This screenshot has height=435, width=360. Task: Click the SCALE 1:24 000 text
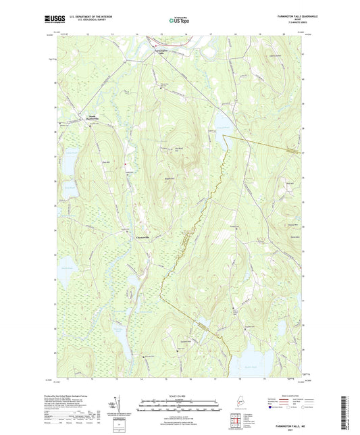[180, 396]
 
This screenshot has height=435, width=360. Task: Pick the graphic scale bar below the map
[180, 407]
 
